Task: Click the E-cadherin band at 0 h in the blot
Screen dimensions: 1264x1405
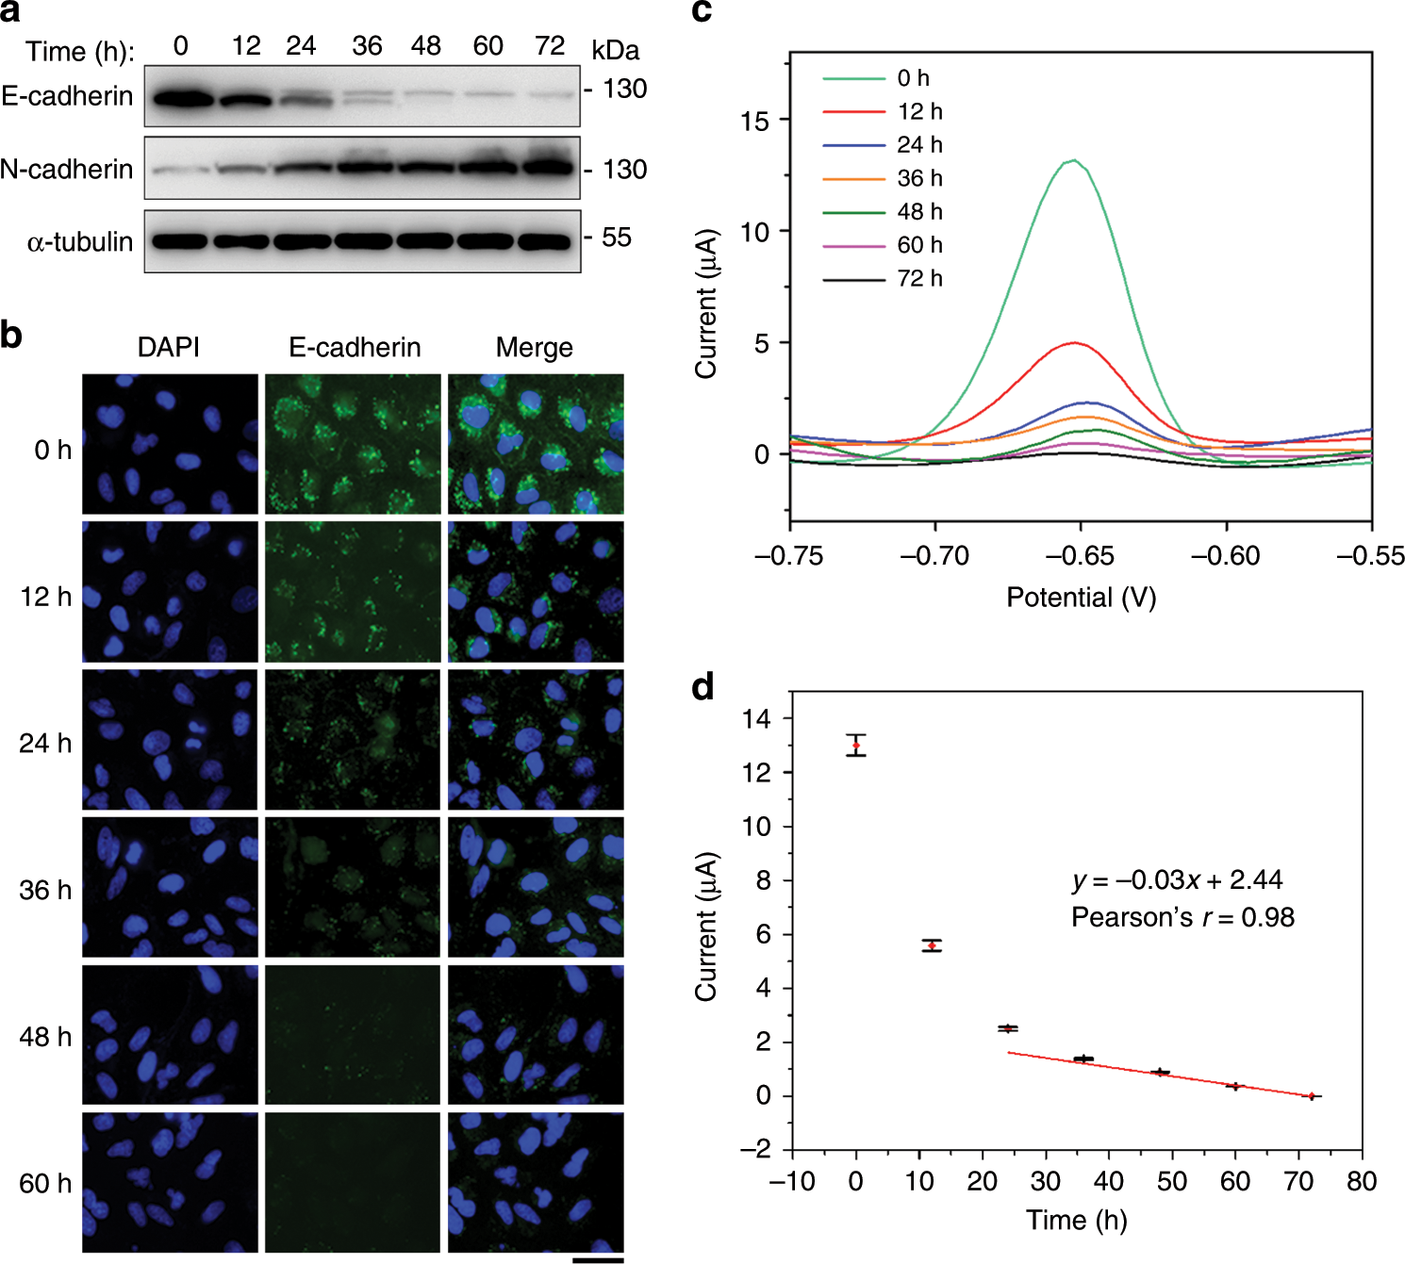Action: pos(181,98)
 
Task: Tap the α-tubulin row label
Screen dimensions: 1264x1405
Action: pos(80,242)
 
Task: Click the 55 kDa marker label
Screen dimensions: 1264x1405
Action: pos(616,238)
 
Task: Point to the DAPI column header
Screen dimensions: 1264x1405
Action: pos(169,348)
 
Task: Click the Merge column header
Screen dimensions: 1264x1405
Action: pos(534,348)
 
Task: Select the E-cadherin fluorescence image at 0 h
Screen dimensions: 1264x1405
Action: pos(353,444)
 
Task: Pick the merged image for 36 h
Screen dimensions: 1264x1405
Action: pos(536,886)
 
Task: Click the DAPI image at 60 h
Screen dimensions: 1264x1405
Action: pos(170,1182)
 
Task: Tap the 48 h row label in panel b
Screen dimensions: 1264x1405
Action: pos(45,1037)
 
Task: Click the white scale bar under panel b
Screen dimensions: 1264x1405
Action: pos(597,1259)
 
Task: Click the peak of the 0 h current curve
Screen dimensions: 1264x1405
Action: pos(1073,160)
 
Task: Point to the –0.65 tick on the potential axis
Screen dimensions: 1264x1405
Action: pos(1080,556)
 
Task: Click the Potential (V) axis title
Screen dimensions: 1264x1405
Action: pos(1081,598)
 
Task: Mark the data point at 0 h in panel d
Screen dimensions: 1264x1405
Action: pos(856,746)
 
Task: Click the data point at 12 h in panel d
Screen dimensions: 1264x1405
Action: pos(932,945)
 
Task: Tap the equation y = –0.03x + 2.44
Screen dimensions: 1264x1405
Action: pos(1177,880)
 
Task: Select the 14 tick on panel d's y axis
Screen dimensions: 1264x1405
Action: pos(757,719)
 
